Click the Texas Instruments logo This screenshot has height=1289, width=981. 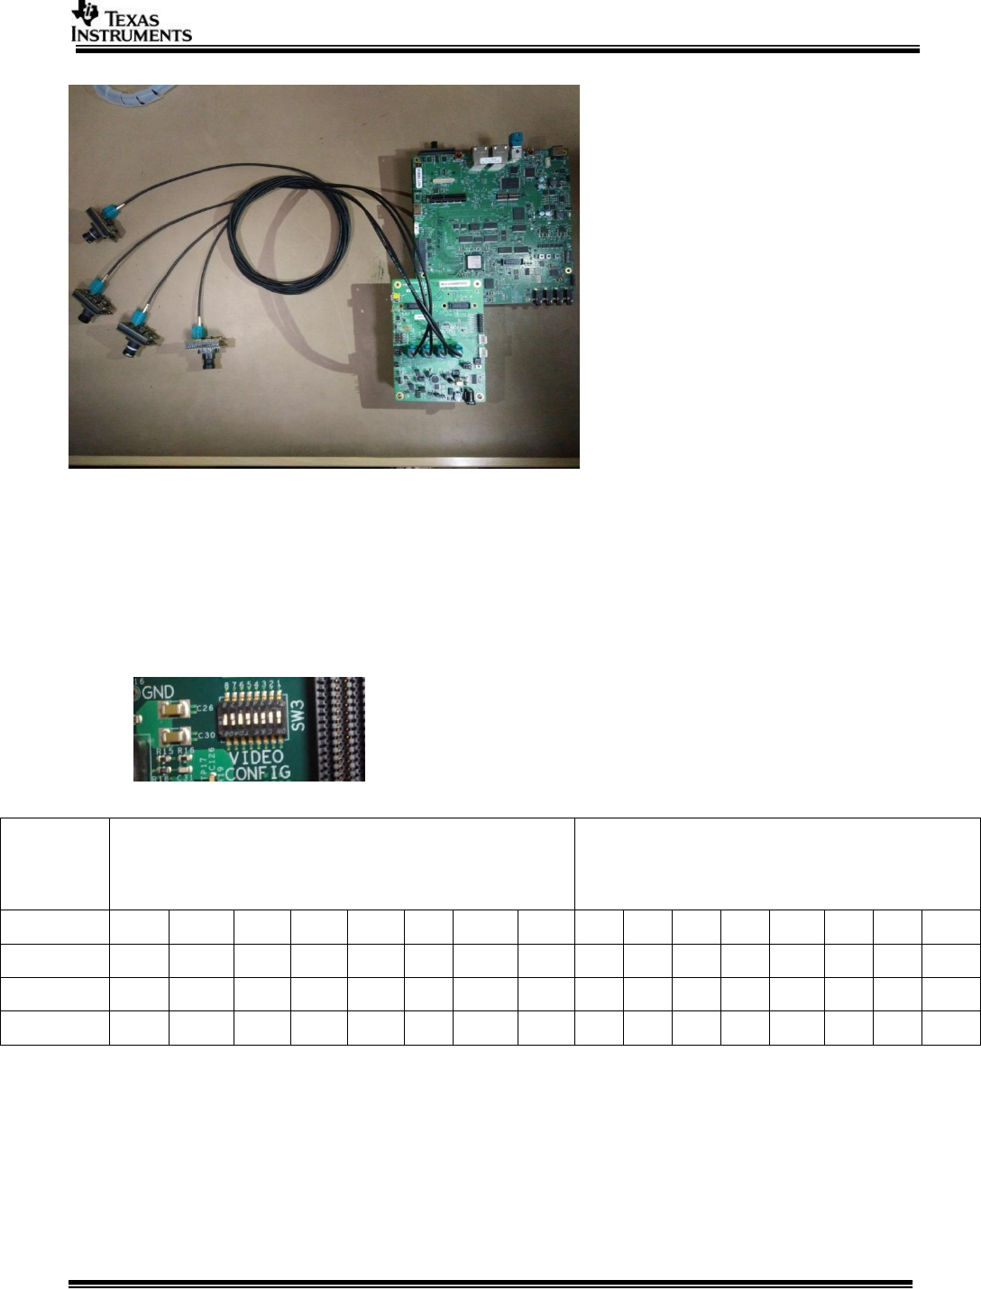coord(131,23)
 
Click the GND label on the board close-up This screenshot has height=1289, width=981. coord(159,691)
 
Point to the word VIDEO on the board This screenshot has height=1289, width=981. coord(254,756)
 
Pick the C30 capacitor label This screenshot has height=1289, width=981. coord(207,736)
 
